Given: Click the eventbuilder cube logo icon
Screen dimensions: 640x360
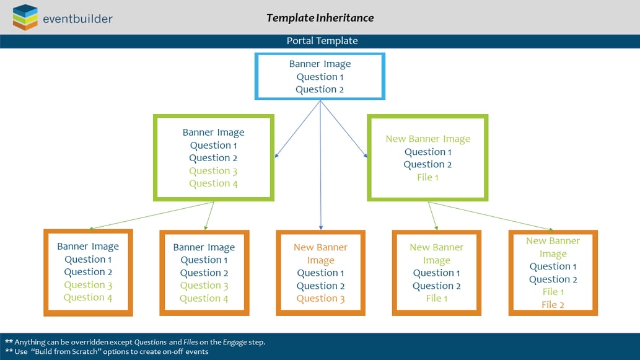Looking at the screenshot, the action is tap(25, 17).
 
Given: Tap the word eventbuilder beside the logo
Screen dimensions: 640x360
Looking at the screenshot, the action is tap(77, 19).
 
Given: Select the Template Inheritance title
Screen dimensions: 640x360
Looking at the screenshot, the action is tap(320, 18).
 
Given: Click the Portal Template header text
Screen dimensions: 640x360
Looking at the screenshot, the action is tap(322, 41).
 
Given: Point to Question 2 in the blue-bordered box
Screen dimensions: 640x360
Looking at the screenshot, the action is tap(320, 89).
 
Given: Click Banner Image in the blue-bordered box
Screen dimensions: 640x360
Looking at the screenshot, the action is tap(320, 64).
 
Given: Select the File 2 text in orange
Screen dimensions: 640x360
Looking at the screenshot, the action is tap(553, 304).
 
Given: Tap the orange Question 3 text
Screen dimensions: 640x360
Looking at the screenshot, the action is tap(320, 299).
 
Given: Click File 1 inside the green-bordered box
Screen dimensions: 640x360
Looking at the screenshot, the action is tap(427, 177).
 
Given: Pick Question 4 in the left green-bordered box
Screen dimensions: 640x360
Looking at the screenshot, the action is tap(213, 183).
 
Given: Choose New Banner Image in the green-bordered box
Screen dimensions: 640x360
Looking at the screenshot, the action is tap(427, 139).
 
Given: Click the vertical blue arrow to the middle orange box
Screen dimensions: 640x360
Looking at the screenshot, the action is tap(321, 165).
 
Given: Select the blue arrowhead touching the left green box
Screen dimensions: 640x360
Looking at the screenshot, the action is tap(277, 155).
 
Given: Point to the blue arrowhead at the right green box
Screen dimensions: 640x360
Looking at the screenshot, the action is tap(365, 155).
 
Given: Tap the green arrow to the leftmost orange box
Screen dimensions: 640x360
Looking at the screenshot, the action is tap(151, 216).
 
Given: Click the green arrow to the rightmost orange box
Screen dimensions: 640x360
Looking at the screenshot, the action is tap(491, 216).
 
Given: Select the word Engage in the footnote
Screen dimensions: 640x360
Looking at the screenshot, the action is tap(235, 342).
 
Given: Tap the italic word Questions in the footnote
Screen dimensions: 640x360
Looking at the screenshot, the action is tap(150, 342).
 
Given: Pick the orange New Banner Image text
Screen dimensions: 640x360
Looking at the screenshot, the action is tap(320, 253).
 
